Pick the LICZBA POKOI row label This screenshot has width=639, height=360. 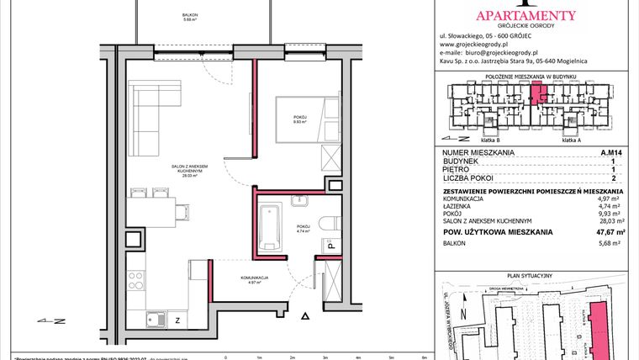[x=469, y=178]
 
